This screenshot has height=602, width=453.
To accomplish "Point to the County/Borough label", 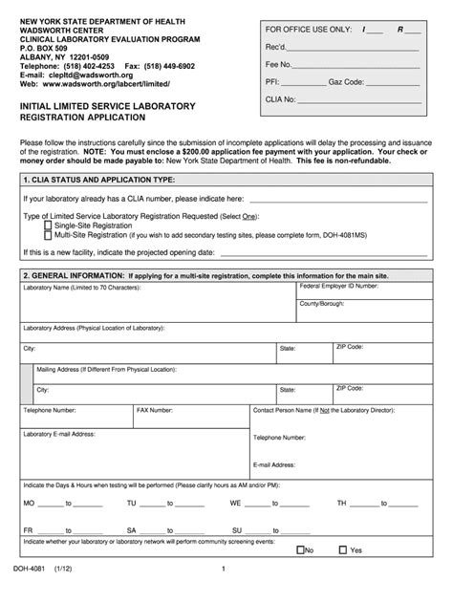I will (x=322, y=303).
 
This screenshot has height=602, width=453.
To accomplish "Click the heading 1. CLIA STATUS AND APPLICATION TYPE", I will (x=99, y=179).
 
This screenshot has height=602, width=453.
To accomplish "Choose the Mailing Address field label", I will (x=105, y=368).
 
